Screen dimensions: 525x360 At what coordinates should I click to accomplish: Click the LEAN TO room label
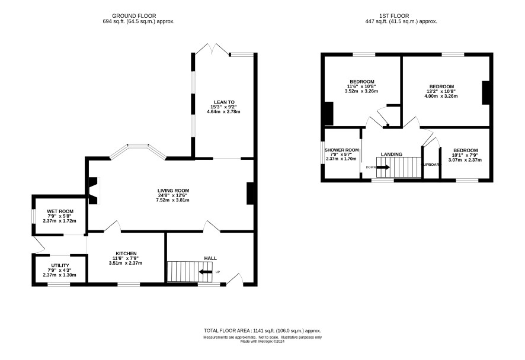tap(225, 102)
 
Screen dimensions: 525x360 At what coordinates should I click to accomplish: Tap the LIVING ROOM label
tap(174, 191)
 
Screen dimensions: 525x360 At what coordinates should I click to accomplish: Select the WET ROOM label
tap(60, 211)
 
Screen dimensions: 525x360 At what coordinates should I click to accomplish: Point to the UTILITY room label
tap(60, 265)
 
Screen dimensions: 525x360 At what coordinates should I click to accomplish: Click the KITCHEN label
tap(126, 253)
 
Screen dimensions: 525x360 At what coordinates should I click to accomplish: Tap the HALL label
tap(210, 258)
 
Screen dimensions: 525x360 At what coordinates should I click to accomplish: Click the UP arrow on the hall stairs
tap(206, 272)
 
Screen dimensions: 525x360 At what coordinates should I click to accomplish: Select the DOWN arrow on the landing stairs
tap(383, 167)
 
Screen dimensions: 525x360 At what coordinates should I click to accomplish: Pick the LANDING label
tap(392, 154)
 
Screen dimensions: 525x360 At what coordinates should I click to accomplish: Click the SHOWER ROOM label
tap(341, 150)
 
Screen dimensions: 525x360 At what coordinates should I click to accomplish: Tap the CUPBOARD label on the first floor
tap(431, 165)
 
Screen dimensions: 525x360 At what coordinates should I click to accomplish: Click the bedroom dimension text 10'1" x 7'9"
tap(465, 155)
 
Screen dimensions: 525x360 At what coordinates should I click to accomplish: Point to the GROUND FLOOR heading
tap(134, 16)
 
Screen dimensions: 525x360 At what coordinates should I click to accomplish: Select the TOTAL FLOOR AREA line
tap(262, 330)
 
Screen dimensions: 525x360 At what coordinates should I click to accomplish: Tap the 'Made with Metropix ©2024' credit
tap(262, 342)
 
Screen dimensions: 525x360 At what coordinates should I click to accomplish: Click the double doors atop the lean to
tap(212, 49)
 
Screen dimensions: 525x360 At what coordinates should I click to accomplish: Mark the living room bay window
tap(138, 151)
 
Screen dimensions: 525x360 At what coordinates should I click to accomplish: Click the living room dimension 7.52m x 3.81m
tap(173, 200)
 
